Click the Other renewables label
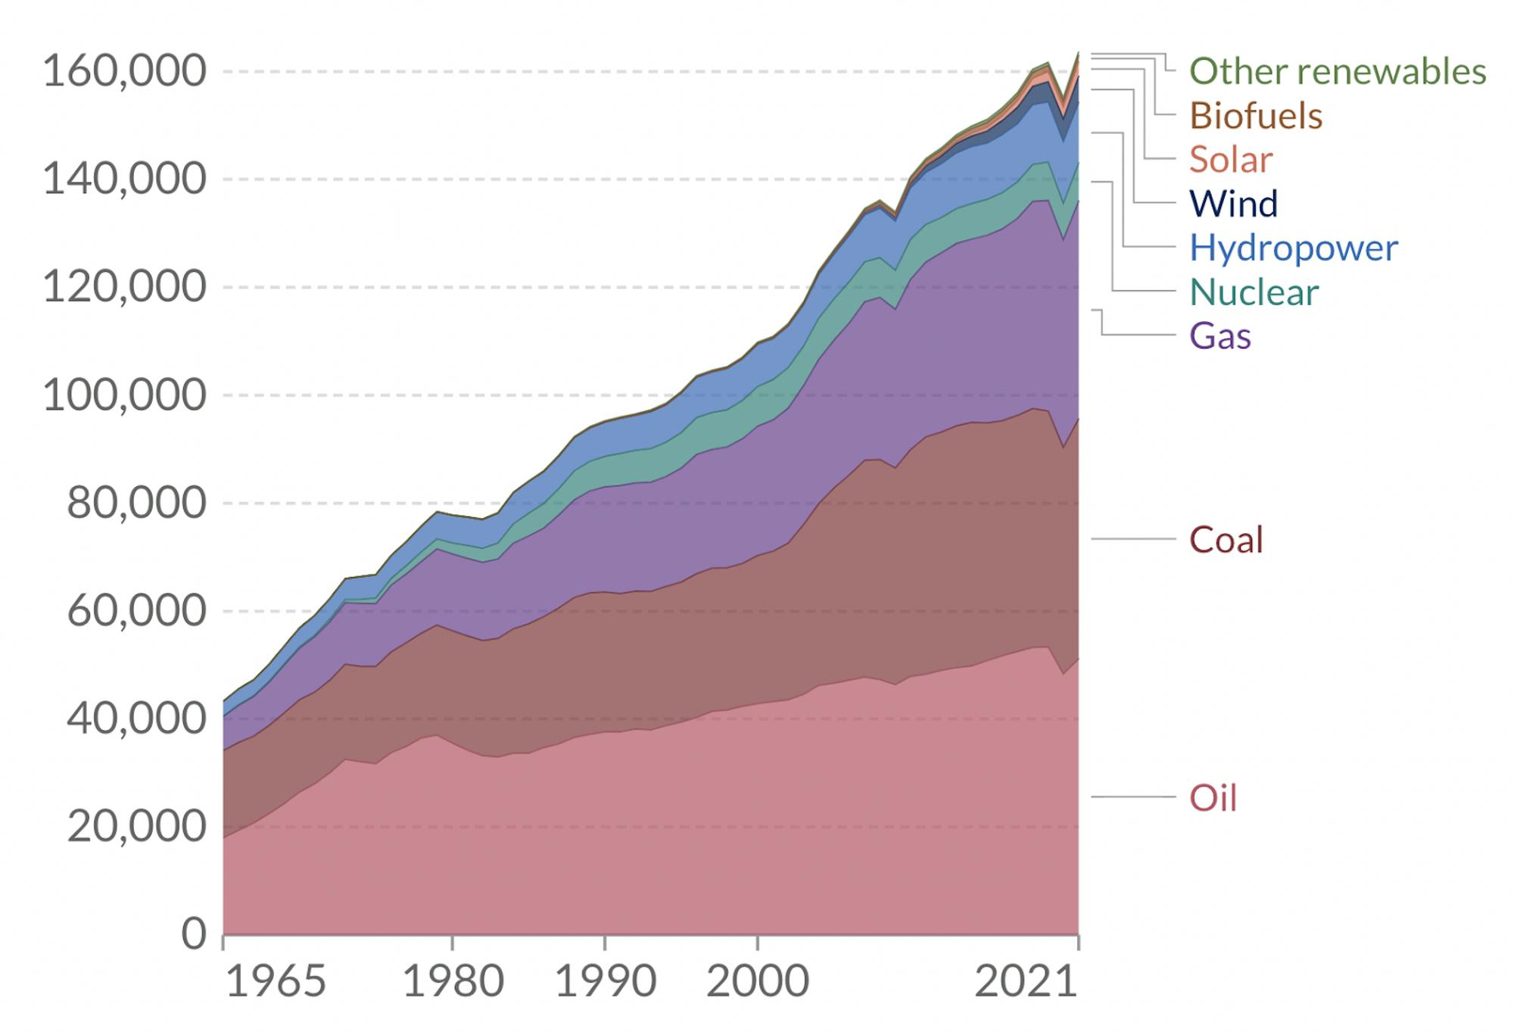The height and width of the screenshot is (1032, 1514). (1338, 71)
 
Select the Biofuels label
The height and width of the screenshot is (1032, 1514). (1256, 116)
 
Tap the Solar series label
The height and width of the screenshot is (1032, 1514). (1231, 160)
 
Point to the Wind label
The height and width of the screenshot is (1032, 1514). (1233, 204)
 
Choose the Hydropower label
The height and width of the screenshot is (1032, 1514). (1294, 248)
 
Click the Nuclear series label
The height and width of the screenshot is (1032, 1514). (1254, 292)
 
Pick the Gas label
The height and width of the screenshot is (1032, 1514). (1220, 335)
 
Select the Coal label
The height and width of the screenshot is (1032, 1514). (1226, 540)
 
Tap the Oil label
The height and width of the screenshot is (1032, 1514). (1213, 798)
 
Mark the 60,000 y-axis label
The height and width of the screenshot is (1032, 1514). (136, 610)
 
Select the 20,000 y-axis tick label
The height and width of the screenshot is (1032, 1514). (136, 826)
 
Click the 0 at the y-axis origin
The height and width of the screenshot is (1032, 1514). (194, 934)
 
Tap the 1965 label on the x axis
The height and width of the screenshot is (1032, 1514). (276, 982)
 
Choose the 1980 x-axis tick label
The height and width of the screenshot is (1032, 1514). (453, 982)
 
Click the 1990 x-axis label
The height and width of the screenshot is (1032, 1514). (605, 982)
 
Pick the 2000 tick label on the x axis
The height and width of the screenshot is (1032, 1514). (758, 982)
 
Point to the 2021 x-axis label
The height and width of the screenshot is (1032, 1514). (1026, 982)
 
